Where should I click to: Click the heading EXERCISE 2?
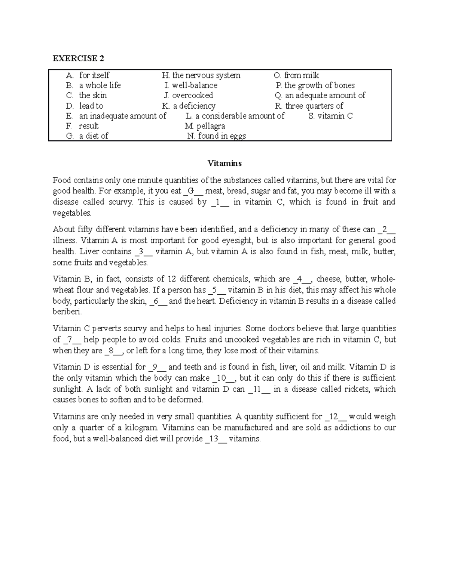(x=78, y=58)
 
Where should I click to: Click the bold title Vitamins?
(x=224, y=164)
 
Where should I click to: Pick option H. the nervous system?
(x=201, y=75)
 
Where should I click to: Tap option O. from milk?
(x=296, y=75)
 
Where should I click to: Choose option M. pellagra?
(x=205, y=126)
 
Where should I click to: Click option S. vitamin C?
(x=331, y=116)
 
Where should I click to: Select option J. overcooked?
(x=189, y=96)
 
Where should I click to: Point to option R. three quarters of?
(x=309, y=106)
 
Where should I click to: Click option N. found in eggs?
(x=217, y=136)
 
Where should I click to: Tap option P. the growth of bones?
(x=315, y=86)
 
